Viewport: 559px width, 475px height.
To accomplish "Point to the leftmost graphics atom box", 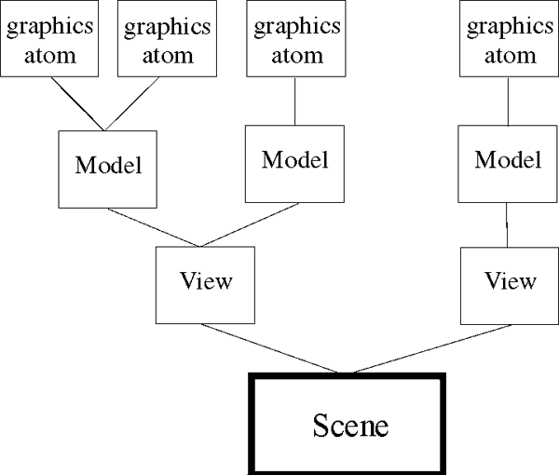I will coord(50,39).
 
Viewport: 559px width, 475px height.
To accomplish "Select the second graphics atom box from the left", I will coord(159,39).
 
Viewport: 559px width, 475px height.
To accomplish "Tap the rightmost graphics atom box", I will coord(504,39).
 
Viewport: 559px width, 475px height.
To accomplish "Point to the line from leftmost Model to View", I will coord(152,227).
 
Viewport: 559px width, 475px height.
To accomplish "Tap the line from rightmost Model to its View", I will coord(506,224).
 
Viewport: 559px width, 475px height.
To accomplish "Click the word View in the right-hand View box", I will coord(511,280).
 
